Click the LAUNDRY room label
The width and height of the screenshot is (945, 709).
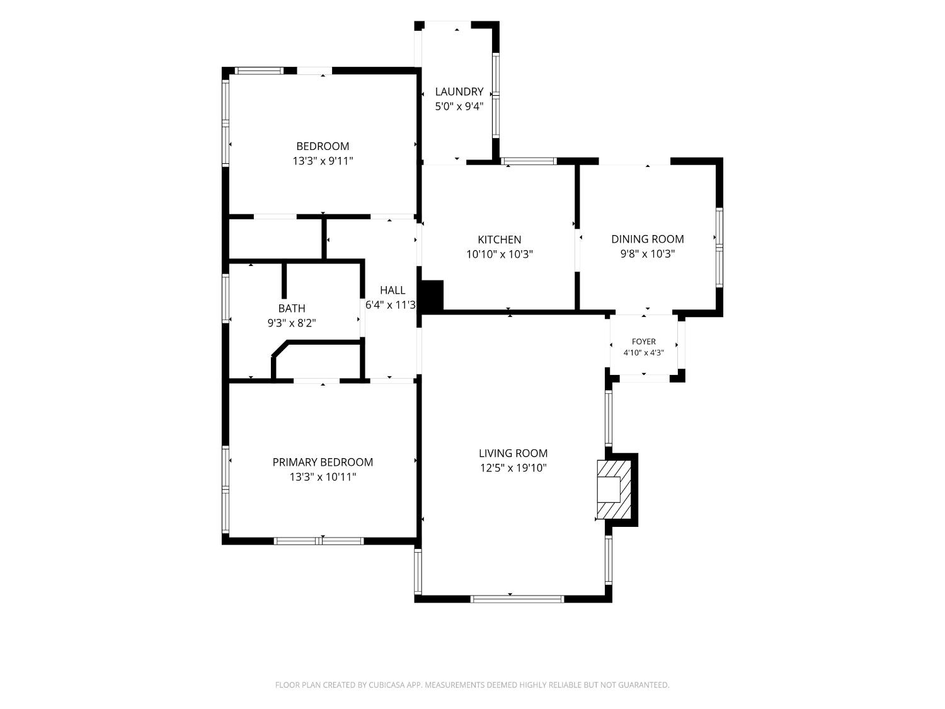(x=459, y=91)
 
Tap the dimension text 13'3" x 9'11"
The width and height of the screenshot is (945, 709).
(x=323, y=161)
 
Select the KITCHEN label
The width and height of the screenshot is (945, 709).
(x=500, y=239)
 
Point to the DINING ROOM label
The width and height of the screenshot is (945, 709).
(x=648, y=239)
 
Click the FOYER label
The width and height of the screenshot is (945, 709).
(x=644, y=342)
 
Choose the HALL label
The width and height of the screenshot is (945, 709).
(x=392, y=290)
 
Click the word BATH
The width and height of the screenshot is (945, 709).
(x=292, y=308)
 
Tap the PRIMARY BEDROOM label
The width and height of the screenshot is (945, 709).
(x=323, y=463)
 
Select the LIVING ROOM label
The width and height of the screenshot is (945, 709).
(x=513, y=453)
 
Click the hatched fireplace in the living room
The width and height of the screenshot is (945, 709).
(x=614, y=490)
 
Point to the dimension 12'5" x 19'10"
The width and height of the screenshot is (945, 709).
(x=513, y=468)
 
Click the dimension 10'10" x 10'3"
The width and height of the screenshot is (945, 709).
(x=500, y=255)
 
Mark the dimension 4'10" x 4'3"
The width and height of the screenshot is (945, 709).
(x=644, y=353)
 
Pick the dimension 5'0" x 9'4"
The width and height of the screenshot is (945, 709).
(x=459, y=107)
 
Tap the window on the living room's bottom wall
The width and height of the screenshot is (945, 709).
(x=517, y=599)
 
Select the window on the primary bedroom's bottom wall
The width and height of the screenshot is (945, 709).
(x=319, y=541)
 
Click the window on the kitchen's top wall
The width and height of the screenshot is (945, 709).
(x=529, y=161)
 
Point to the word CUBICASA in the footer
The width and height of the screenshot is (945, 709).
(x=387, y=685)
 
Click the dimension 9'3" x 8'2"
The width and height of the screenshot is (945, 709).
(x=292, y=323)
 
